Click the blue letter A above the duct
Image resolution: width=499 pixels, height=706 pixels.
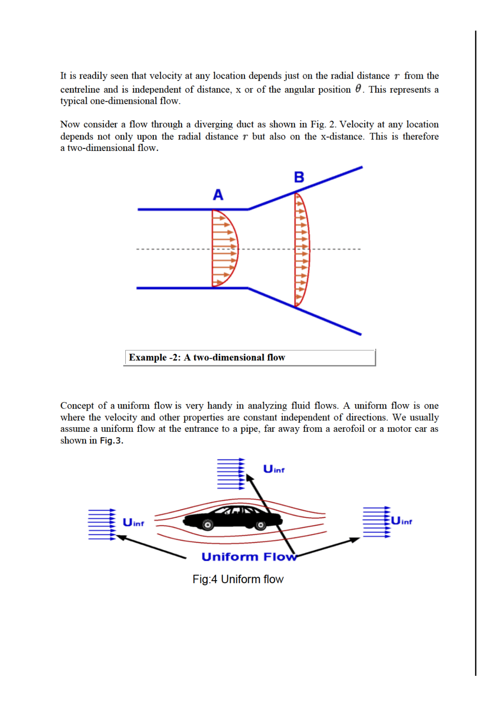(x=218, y=195)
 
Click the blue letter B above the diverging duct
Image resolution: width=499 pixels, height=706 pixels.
(x=299, y=177)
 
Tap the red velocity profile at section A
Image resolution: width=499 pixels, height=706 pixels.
(x=225, y=248)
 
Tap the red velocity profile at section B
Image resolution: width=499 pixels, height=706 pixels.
(x=302, y=250)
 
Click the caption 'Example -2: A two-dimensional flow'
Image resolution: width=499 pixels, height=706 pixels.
(x=207, y=357)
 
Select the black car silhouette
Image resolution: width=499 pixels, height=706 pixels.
(x=232, y=517)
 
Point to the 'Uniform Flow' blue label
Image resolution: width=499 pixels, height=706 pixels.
(x=248, y=557)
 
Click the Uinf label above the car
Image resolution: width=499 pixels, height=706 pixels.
(x=274, y=469)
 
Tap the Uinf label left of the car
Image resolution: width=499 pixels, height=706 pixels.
(x=133, y=523)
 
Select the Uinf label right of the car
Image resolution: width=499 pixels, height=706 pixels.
(x=401, y=521)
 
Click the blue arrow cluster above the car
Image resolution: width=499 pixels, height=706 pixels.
(x=231, y=474)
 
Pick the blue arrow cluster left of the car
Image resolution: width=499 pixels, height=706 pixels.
(x=102, y=524)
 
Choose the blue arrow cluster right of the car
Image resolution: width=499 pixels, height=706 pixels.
(x=377, y=522)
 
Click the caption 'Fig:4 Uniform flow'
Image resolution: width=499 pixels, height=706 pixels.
(x=238, y=579)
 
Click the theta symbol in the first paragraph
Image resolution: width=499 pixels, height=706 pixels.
(x=358, y=89)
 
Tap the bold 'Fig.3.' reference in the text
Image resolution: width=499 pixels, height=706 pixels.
(x=111, y=441)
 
